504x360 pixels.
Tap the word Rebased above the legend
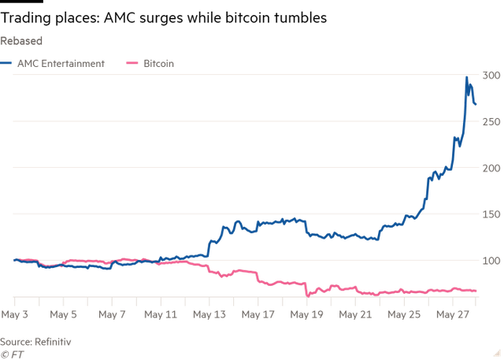[x=21, y=40]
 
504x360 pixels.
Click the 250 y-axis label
[x=491, y=122]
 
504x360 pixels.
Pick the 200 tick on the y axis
[x=491, y=169]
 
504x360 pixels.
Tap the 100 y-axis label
[x=491, y=261]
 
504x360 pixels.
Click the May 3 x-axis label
[x=16, y=314]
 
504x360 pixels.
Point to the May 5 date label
[x=63, y=314]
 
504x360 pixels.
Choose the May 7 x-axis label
[x=111, y=314]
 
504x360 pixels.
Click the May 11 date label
[x=160, y=314]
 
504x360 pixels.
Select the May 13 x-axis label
[x=209, y=314]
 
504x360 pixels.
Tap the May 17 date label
[x=258, y=314]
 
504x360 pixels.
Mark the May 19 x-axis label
[x=306, y=314]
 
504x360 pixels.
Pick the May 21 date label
[x=355, y=314]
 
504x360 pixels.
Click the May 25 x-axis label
[x=404, y=314]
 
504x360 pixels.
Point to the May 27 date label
[x=453, y=314]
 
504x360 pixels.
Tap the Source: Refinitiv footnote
[x=35, y=341]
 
